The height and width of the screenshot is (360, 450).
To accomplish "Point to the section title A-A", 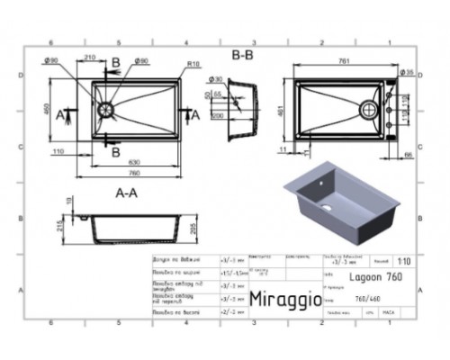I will click(x=126, y=192).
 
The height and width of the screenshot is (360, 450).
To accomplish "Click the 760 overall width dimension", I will click(x=134, y=173).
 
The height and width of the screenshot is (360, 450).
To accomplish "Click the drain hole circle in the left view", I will click(x=106, y=109).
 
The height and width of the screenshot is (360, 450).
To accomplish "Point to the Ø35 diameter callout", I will click(x=407, y=71).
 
